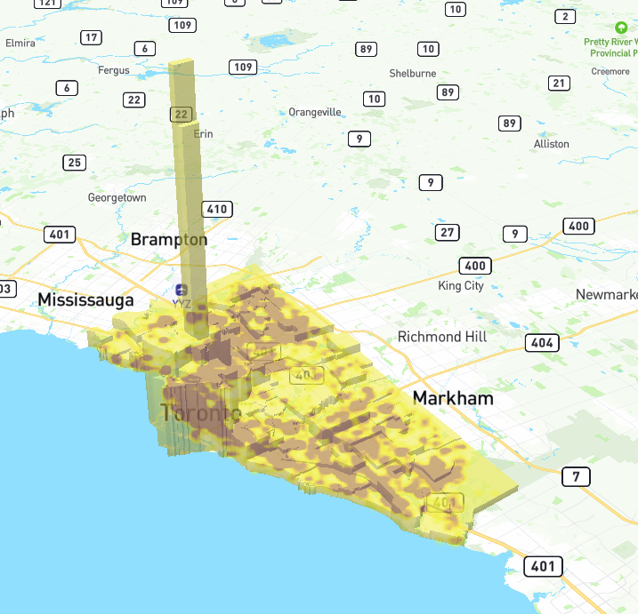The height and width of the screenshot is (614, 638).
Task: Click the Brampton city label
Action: (169, 240)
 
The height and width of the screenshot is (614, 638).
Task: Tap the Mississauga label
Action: (85, 299)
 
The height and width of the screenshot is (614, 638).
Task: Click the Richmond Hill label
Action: (442, 337)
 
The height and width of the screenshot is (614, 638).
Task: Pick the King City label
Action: (461, 286)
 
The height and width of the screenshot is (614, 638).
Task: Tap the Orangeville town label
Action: (315, 112)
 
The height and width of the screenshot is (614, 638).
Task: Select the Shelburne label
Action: (413, 73)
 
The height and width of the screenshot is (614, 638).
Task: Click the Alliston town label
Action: (552, 144)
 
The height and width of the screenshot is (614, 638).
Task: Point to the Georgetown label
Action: (117, 197)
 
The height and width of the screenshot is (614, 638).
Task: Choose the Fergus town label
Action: (114, 70)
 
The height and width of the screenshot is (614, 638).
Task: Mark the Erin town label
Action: (204, 134)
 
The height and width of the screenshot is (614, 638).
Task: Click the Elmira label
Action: (20, 43)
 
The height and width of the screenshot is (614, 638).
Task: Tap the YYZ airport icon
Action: (182, 290)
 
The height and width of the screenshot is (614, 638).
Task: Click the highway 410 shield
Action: (217, 210)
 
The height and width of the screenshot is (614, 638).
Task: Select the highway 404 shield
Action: (542, 342)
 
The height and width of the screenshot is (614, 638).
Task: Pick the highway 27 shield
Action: (448, 233)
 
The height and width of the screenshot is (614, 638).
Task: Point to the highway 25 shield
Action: (75, 163)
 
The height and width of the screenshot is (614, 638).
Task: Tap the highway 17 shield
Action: (91, 37)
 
